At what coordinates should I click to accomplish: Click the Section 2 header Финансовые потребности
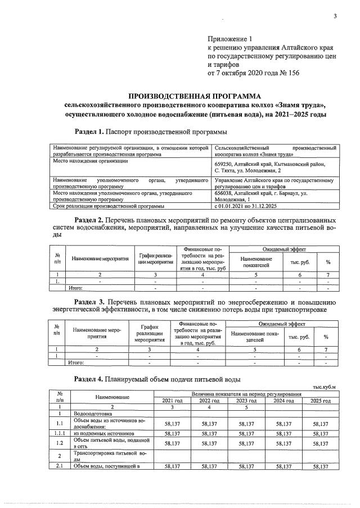(x=202, y=257)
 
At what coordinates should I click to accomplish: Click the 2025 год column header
(x=321, y=400)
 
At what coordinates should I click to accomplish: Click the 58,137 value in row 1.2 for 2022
(x=209, y=443)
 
